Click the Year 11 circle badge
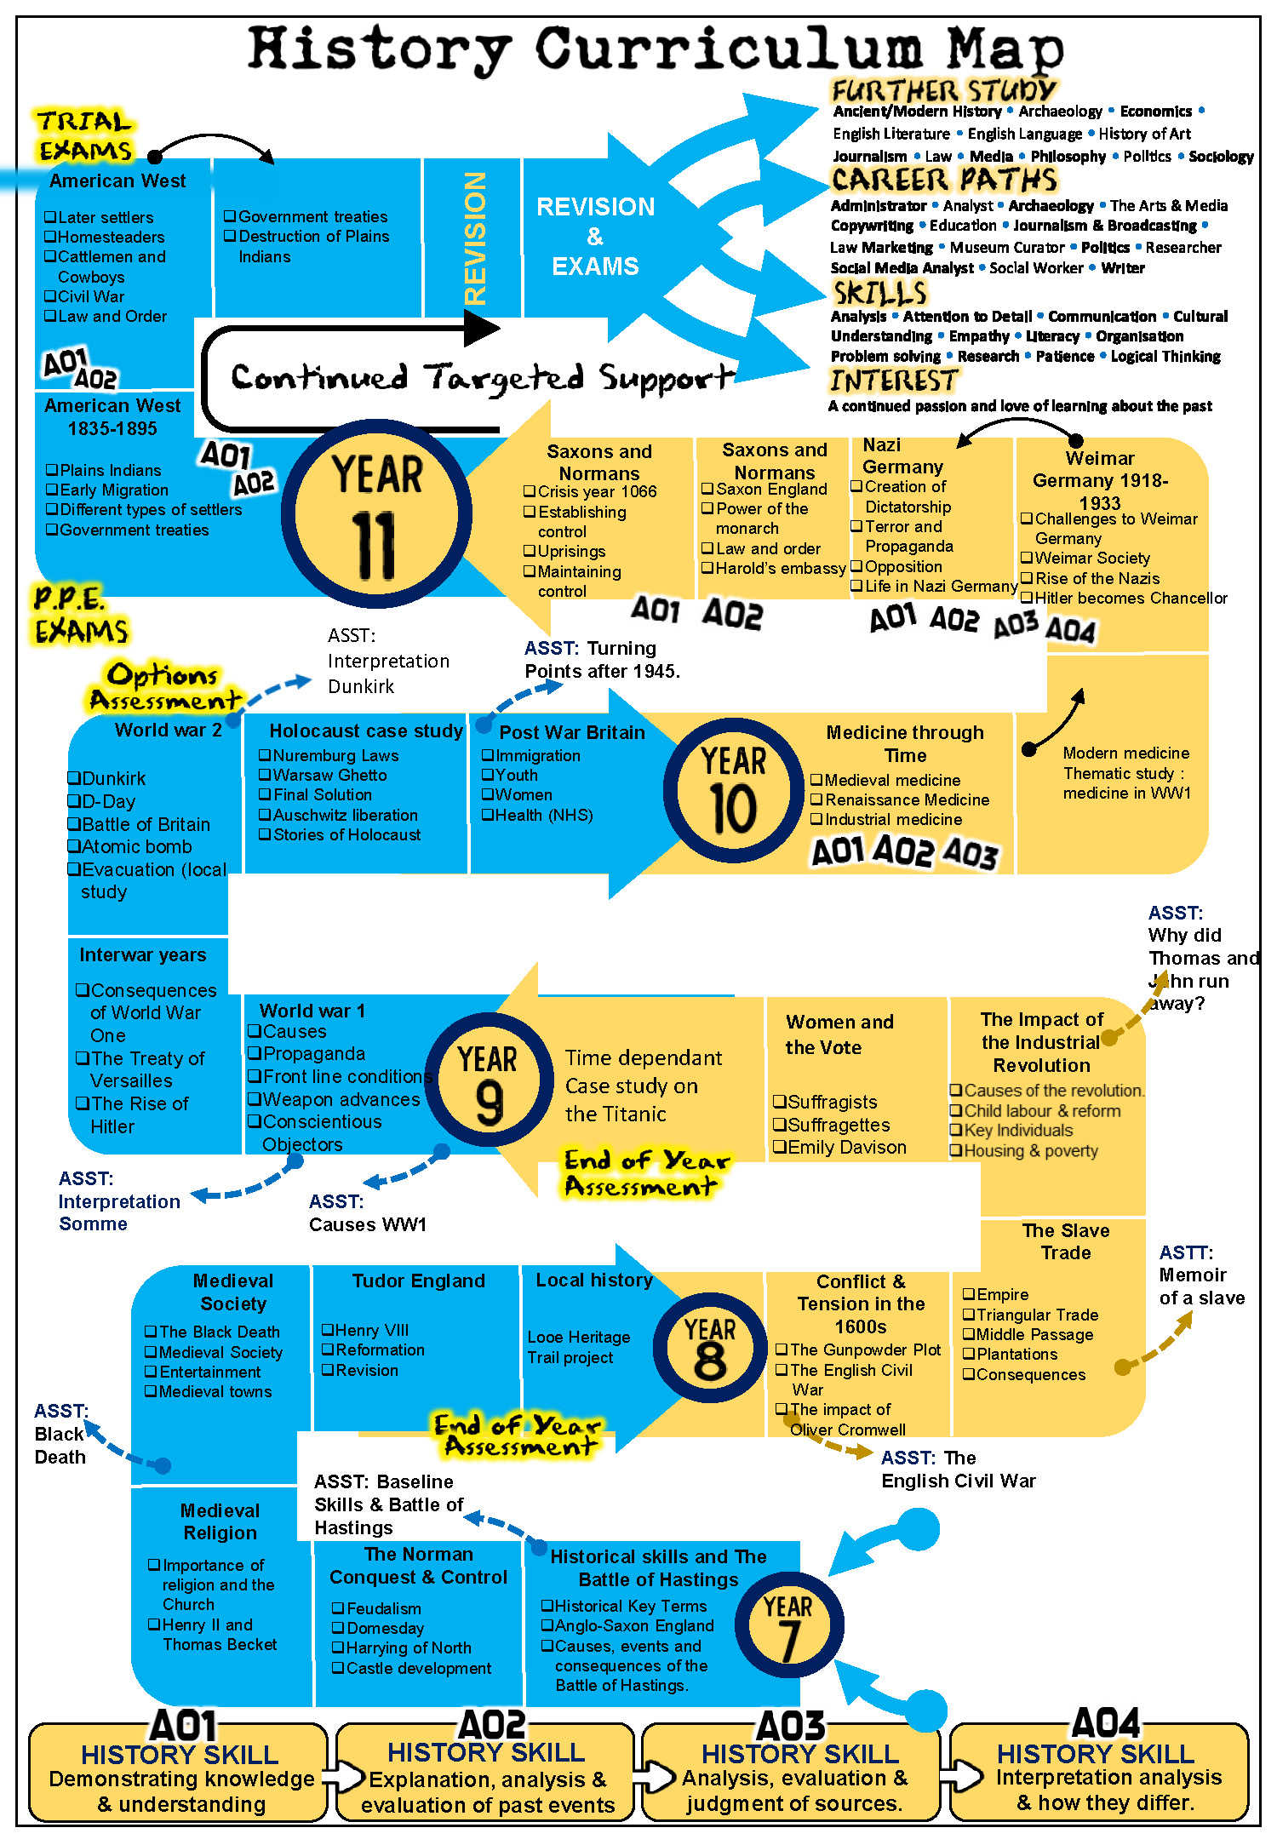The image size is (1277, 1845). [376, 513]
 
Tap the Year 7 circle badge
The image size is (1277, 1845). [788, 1624]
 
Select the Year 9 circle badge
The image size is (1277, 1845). [489, 1080]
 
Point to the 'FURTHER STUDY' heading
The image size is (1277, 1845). [943, 90]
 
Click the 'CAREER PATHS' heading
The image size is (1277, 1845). [943, 180]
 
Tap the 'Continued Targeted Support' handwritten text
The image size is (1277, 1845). [482, 377]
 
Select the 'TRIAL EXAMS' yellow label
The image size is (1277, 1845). [84, 135]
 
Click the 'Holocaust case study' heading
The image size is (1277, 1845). [366, 731]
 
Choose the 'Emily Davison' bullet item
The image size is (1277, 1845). [846, 1147]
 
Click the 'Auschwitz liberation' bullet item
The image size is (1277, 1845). [345, 815]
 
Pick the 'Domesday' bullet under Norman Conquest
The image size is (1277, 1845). [385, 1628]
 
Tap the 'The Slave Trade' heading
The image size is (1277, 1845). [1065, 1241]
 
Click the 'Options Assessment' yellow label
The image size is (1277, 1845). [163, 687]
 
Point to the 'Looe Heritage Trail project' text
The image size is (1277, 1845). [578, 1347]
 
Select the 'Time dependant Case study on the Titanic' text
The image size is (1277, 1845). [643, 1086]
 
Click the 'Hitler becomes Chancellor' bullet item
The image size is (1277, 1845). [1131, 598]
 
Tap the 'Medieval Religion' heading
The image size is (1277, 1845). [220, 1521]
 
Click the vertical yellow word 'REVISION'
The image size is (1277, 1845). [475, 238]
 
